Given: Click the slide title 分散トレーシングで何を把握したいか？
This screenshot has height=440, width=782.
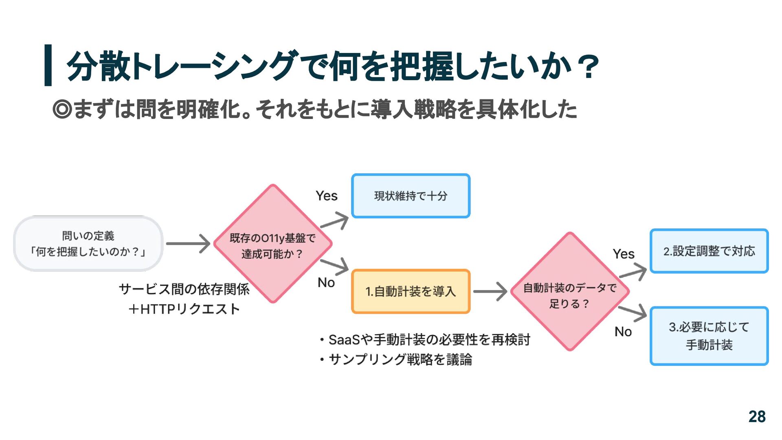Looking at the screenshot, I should (x=332, y=66).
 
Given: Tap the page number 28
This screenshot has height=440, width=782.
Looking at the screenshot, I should (x=757, y=416).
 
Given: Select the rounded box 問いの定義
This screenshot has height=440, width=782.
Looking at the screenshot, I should (x=88, y=244).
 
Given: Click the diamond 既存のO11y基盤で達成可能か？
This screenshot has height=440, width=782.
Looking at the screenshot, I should (x=272, y=244).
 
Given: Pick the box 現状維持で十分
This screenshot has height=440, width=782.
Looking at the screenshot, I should (x=411, y=196).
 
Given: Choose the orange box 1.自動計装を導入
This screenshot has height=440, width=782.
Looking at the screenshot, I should (x=411, y=291).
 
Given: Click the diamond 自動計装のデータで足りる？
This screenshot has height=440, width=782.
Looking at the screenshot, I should (x=570, y=292).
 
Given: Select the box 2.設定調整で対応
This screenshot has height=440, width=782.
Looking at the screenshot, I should (x=709, y=251).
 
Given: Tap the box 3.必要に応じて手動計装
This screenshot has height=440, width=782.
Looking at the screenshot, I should (x=709, y=336).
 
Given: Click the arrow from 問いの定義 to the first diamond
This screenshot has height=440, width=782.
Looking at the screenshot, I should (x=188, y=244).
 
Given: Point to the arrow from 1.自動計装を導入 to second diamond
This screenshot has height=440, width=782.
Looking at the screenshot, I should (x=490, y=291).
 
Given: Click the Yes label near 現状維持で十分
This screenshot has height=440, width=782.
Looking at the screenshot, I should (x=327, y=196).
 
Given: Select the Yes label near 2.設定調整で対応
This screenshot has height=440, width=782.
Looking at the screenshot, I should (x=624, y=254).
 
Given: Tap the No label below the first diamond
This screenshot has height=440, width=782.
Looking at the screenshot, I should (x=326, y=282).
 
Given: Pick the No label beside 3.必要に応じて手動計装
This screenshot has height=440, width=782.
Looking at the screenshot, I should (x=623, y=332).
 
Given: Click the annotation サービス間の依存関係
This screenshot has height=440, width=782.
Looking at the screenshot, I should (x=184, y=289).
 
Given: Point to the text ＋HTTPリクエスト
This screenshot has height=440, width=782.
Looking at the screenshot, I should (x=184, y=309).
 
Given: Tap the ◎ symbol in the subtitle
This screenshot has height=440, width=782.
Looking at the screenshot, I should (x=62, y=109).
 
